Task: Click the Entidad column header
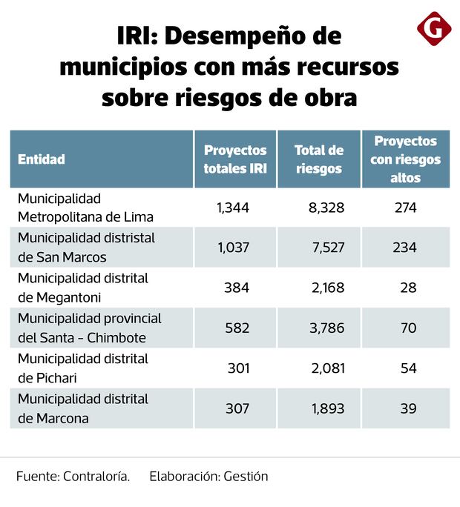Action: click(42, 159)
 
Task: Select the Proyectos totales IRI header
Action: click(235, 159)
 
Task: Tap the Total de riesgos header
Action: click(319, 159)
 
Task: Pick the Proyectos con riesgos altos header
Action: click(405, 159)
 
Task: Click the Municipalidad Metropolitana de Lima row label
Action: click(85, 208)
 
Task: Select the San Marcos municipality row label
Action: click(86, 248)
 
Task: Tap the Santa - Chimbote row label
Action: click(89, 328)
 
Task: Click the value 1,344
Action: click(233, 208)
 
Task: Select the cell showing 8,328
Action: click(326, 208)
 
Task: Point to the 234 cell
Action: click(404, 248)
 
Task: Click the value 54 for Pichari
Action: click(408, 368)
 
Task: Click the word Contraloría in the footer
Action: click(96, 477)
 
